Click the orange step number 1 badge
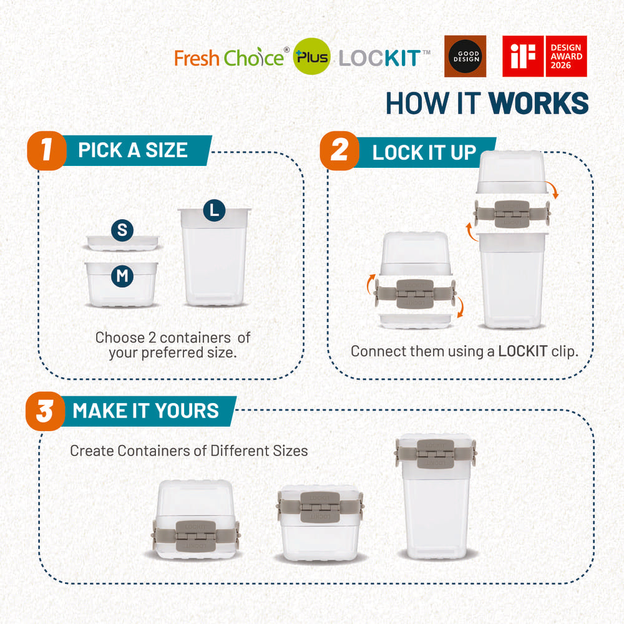(46, 151)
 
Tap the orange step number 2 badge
(339, 151)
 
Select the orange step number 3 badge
(45, 412)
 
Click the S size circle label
(122, 230)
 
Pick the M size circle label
(122, 276)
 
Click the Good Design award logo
(465, 56)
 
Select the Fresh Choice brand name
(228, 59)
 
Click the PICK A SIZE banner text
(132, 150)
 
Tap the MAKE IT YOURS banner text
(145, 411)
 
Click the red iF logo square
(523, 56)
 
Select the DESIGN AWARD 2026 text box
(566, 56)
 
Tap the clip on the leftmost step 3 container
(195, 535)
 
